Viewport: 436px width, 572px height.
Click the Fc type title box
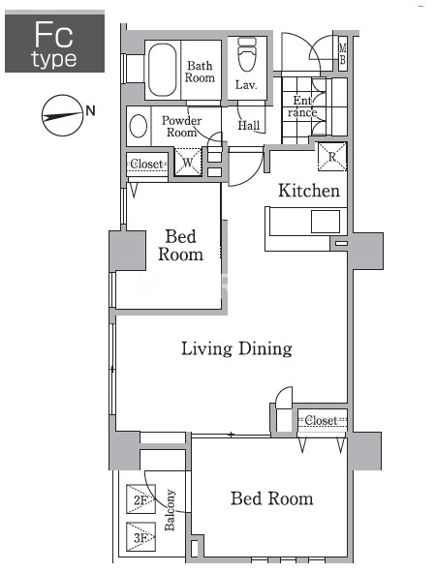pos(55,42)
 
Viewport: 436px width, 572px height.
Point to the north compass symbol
pos(62,115)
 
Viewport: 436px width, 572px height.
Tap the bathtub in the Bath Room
pos(163,70)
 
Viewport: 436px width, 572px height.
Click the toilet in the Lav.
pos(247,55)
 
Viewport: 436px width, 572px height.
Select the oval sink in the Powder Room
pos(139,126)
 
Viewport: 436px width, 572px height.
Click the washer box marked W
pos(188,162)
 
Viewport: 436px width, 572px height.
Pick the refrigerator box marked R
pos(332,157)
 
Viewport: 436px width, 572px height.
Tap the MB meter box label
pos(343,53)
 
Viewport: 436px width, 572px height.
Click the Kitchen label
pos(309,191)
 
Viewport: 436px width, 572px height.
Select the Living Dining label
pos(236,348)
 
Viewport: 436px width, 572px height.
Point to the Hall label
pos(249,126)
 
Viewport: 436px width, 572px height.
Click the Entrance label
pos(302,106)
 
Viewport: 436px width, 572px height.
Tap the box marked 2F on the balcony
pos(140,499)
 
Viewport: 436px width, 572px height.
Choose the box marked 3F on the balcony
pos(140,537)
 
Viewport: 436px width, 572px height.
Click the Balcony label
pos(170,510)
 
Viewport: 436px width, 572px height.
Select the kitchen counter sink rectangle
pos(326,222)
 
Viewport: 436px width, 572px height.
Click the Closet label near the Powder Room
pos(146,164)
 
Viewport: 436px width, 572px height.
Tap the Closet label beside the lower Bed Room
pos(321,420)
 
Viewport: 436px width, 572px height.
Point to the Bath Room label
pos(200,72)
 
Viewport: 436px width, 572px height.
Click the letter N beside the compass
pos(90,110)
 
